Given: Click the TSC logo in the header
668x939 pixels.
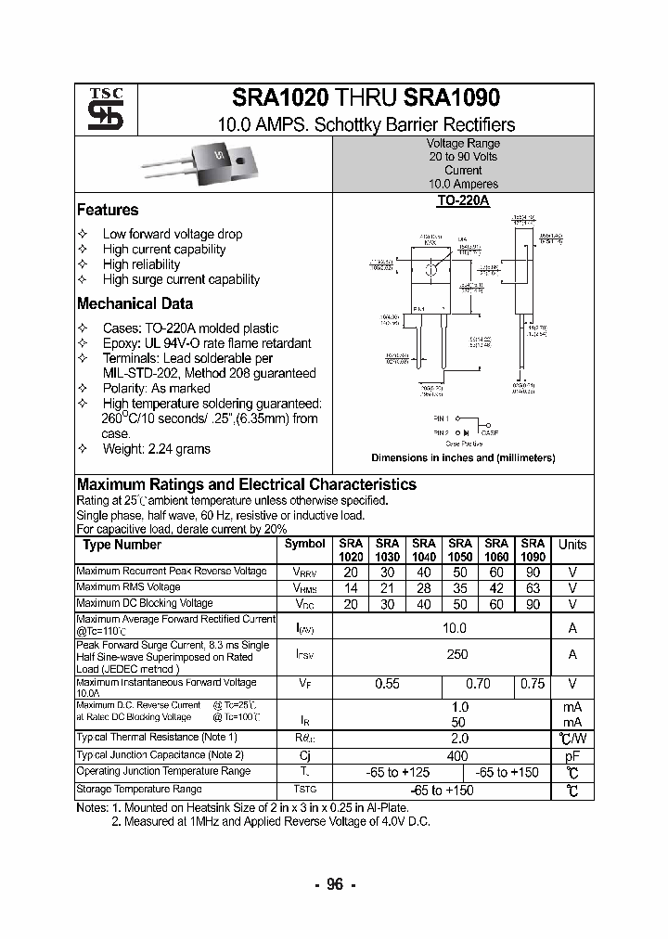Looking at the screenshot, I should click(x=99, y=110).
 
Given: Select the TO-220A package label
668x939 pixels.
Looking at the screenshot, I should click(x=463, y=199).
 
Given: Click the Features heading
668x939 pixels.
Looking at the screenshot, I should click(x=108, y=210).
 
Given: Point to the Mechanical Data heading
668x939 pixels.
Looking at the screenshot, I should click(x=135, y=303).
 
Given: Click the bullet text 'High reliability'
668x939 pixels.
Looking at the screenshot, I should click(x=142, y=264).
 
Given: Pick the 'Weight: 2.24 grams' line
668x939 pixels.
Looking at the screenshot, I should click(x=157, y=449).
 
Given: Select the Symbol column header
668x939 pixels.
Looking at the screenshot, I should click(x=305, y=545).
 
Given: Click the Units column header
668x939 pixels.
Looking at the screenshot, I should click(x=572, y=545).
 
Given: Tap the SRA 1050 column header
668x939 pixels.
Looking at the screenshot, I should click(x=460, y=550).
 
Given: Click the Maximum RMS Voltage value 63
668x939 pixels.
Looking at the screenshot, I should click(x=533, y=588).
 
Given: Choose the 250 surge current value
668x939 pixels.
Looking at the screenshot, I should click(x=456, y=654).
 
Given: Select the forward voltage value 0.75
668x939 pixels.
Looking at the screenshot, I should click(x=533, y=684).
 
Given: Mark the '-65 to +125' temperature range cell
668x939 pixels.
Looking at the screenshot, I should click(x=394, y=772).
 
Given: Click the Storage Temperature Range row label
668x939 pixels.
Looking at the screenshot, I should click(x=139, y=789).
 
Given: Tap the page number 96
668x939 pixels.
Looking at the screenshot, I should click(x=334, y=884).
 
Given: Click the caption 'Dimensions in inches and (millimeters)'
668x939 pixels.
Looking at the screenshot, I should click(x=463, y=458).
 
